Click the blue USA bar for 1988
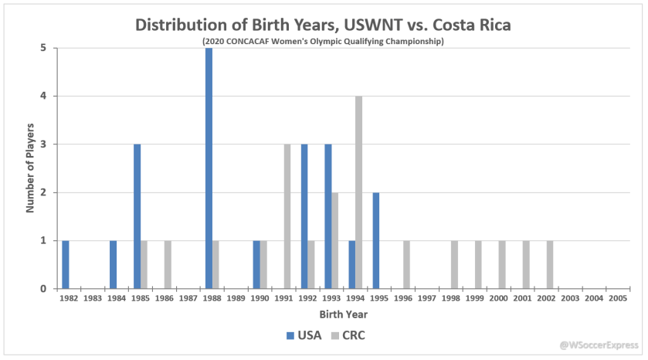(x=209, y=168)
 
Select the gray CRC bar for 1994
(x=359, y=192)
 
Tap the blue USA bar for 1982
(x=66, y=264)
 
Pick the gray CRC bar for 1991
(x=287, y=216)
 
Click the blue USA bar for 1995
(x=376, y=240)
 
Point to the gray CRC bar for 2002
(x=550, y=264)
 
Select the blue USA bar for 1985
(x=137, y=216)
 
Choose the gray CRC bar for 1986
(x=168, y=264)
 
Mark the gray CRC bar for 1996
(x=407, y=264)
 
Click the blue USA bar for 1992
(x=304, y=216)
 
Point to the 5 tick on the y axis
(x=43, y=48)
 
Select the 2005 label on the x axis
(x=617, y=297)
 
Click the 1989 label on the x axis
(x=236, y=297)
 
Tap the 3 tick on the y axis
(x=43, y=144)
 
